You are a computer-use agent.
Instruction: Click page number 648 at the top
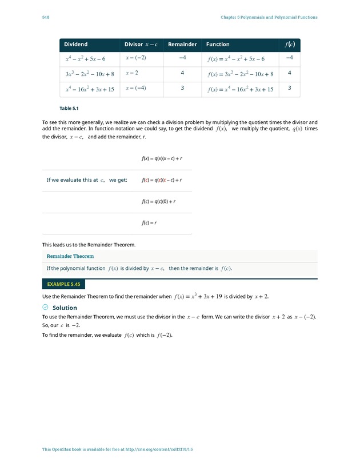point(46,17)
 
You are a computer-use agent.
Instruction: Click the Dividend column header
point(75,45)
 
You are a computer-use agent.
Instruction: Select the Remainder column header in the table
point(182,45)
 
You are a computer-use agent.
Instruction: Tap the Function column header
point(218,45)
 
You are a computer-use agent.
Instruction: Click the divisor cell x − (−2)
point(136,58)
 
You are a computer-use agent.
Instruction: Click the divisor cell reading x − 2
point(132,73)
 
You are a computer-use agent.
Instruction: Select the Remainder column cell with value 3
point(182,88)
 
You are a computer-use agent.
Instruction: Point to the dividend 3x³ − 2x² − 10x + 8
point(90,74)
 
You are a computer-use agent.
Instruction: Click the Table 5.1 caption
point(69,108)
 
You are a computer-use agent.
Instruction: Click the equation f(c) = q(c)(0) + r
point(158,201)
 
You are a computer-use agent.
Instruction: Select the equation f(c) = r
point(150,222)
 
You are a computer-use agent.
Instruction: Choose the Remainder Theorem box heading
point(70,256)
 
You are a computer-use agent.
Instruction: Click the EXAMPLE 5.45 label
point(63,284)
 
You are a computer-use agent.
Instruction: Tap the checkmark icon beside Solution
point(46,308)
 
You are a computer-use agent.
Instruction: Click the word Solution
point(65,308)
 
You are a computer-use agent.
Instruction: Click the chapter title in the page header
point(269,17)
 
